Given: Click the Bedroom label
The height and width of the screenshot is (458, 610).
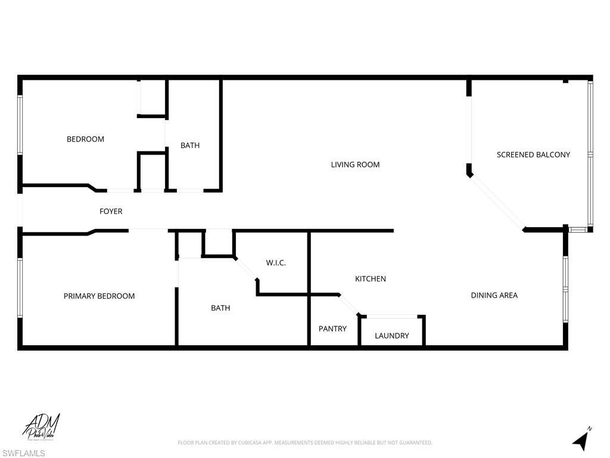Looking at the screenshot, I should (x=85, y=139).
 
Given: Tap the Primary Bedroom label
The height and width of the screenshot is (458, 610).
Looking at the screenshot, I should (x=99, y=296).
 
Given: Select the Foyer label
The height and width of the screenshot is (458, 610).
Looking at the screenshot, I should (x=111, y=211).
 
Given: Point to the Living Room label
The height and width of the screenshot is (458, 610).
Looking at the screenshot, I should (x=355, y=165).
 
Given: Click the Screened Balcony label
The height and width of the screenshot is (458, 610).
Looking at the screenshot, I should (x=533, y=154).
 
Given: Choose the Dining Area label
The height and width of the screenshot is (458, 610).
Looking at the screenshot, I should (x=494, y=295).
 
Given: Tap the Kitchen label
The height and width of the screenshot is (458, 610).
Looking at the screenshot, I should (x=371, y=278).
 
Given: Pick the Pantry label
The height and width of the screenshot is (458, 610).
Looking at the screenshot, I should (x=332, y=329).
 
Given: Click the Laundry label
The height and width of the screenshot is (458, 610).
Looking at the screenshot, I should (x=391, y=336).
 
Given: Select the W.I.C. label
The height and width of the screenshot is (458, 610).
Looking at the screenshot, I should (x=276, y=262).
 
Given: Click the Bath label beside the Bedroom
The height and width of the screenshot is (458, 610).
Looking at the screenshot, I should (x=190, y=145).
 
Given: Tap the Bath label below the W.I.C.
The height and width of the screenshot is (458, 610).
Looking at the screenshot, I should (x=220, y=308).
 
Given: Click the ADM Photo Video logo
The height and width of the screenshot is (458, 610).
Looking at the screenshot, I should (x=42, y=427).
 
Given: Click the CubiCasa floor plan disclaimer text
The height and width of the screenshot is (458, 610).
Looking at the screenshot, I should (x=304, y=442).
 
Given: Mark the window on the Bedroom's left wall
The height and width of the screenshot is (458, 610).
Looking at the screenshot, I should (x=20, y=125).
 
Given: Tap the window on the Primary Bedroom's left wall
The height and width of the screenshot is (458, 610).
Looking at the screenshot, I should (x=20, y=287).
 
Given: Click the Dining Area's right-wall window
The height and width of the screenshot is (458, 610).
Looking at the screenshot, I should (x=565, y=289).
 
